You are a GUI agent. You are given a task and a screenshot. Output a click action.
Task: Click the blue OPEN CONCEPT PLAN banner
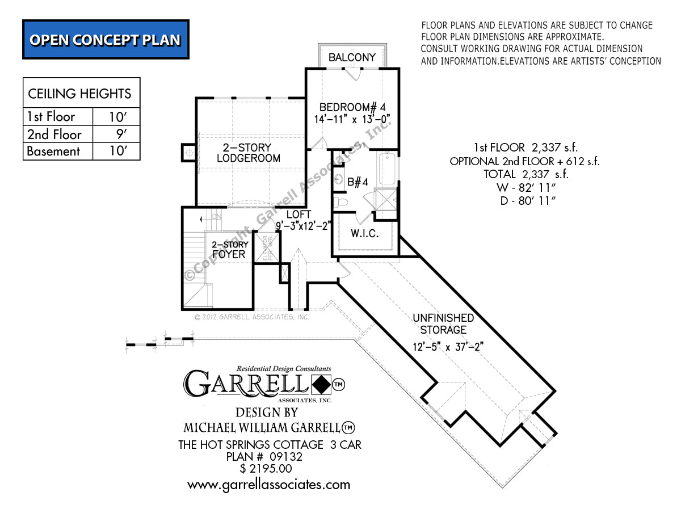(106, 40)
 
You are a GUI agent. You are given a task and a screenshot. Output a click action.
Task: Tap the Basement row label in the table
(54, 152)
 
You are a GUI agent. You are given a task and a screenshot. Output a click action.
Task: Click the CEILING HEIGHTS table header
(80, 94)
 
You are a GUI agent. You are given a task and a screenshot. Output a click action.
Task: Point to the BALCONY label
(352, 57)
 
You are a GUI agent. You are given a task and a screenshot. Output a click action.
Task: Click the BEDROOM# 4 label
(352, 107)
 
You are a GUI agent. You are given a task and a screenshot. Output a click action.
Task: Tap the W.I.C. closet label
(364, 233)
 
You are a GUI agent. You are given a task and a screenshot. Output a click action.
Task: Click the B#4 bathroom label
(358, 182)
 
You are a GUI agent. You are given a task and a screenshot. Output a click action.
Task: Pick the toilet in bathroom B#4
(341, 201)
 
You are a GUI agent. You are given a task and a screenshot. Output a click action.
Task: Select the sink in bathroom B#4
(339, 180)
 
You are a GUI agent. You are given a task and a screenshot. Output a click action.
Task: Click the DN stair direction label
(216, 217)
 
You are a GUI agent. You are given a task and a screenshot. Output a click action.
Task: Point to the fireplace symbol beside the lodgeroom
(188, 153)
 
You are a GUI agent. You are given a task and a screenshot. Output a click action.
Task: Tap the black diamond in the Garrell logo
(321, 385)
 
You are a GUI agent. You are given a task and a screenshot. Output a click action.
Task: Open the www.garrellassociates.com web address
(268, 485)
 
